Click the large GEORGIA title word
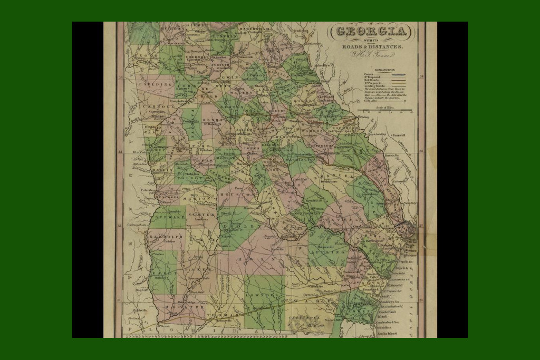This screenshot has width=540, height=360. [371, 32]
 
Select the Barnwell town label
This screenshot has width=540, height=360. [399, 134]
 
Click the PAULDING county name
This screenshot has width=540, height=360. [156, 84]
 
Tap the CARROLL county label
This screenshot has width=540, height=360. [157, 106]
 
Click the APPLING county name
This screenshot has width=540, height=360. [331, 252]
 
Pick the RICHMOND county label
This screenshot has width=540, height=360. [345, 128]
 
